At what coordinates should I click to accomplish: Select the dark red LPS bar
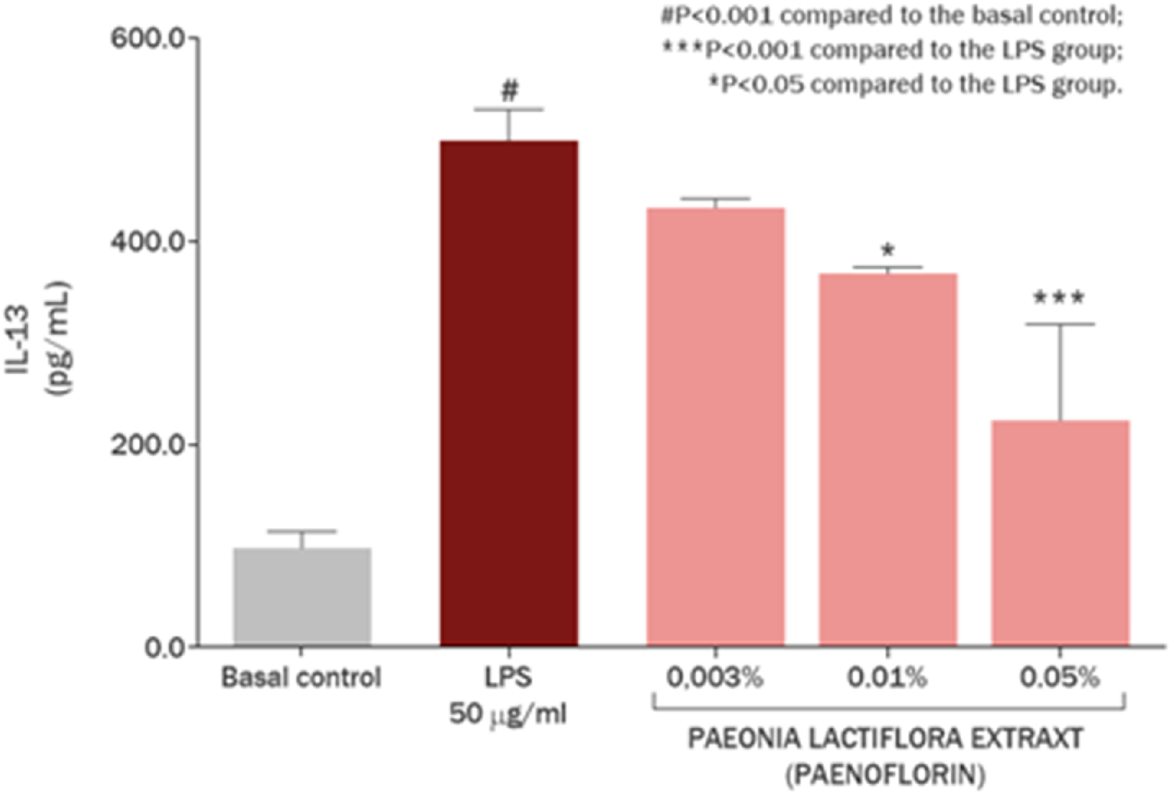pyautogui.click(x=509, y=393)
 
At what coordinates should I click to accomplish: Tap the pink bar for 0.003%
pyautogui.click(x=715, y=427)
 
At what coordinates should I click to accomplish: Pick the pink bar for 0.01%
pyautogui.click(x=887, y=459)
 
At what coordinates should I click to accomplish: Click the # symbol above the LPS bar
pyautogui.click(x=509, y=90)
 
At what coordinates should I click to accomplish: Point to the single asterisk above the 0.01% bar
pyautogui.click(x=887, y=250)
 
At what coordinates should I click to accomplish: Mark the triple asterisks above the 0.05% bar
pyautogui.click(x=1059, y=298)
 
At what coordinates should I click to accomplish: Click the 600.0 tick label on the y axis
pyautogui.click(x=148, y=38)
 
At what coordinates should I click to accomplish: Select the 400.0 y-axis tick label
pyautogui.click(x=148, y=242)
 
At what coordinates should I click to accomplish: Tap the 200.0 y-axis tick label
pyautogui.click(x=148, y=444)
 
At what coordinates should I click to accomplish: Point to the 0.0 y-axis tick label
pyautogui.click(x=165, y=648)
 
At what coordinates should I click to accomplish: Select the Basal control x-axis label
pyautogui.click(x=301, y=677)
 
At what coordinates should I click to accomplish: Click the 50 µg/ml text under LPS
pyautogui.click(x=508, y=714)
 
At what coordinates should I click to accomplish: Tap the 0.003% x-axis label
pyautogui.click(x=715, y=677)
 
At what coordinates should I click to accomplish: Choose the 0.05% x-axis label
pyautogui.click(x=1060, y=677)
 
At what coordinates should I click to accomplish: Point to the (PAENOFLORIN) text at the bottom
pyautogui.click(x=885, y=774)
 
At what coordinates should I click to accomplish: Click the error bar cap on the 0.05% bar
pyautogui.click(x=1060, y=324)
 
